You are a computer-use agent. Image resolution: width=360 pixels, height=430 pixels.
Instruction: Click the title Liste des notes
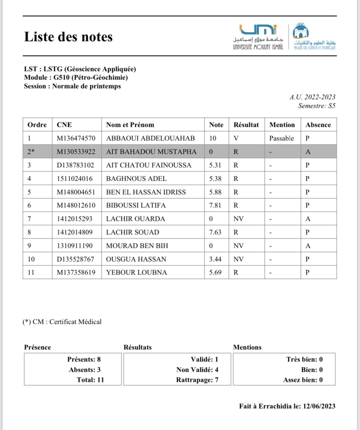pos(68,37)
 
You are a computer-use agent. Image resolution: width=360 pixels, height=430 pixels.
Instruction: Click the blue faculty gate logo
pos(301,31)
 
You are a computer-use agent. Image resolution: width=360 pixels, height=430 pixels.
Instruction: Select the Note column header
pos(216,125)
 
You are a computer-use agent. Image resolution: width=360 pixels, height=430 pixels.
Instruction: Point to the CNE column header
pos(64,125)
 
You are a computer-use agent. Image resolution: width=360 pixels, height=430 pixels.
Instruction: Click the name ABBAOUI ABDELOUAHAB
pos(151,138)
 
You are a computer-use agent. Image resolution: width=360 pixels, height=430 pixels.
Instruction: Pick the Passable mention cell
pos(281,138)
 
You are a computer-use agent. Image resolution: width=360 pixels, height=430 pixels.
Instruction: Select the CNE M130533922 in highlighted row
pos(76,152)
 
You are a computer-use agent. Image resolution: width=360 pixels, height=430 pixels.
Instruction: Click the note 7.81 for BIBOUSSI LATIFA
pos(216,205)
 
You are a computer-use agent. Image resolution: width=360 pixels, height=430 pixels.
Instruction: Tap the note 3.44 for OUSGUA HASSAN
pos(216,259)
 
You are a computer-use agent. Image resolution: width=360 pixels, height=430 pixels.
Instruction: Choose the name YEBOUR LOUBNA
pos(137,273)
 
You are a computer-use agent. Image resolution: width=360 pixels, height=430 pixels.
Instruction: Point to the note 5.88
pos(216,192)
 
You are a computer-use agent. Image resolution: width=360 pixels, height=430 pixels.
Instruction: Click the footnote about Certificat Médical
pos(62,322)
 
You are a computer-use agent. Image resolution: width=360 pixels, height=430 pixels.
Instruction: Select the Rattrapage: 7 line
pos(197,380)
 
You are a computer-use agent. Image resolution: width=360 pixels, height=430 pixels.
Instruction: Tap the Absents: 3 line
pos(84,369)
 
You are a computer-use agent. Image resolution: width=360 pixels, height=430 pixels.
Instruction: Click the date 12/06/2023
pos(319,406)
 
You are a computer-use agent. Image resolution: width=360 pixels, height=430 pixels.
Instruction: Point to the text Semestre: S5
pos(317,106)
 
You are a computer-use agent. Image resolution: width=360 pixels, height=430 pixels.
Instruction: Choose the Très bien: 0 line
pos(304,359)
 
